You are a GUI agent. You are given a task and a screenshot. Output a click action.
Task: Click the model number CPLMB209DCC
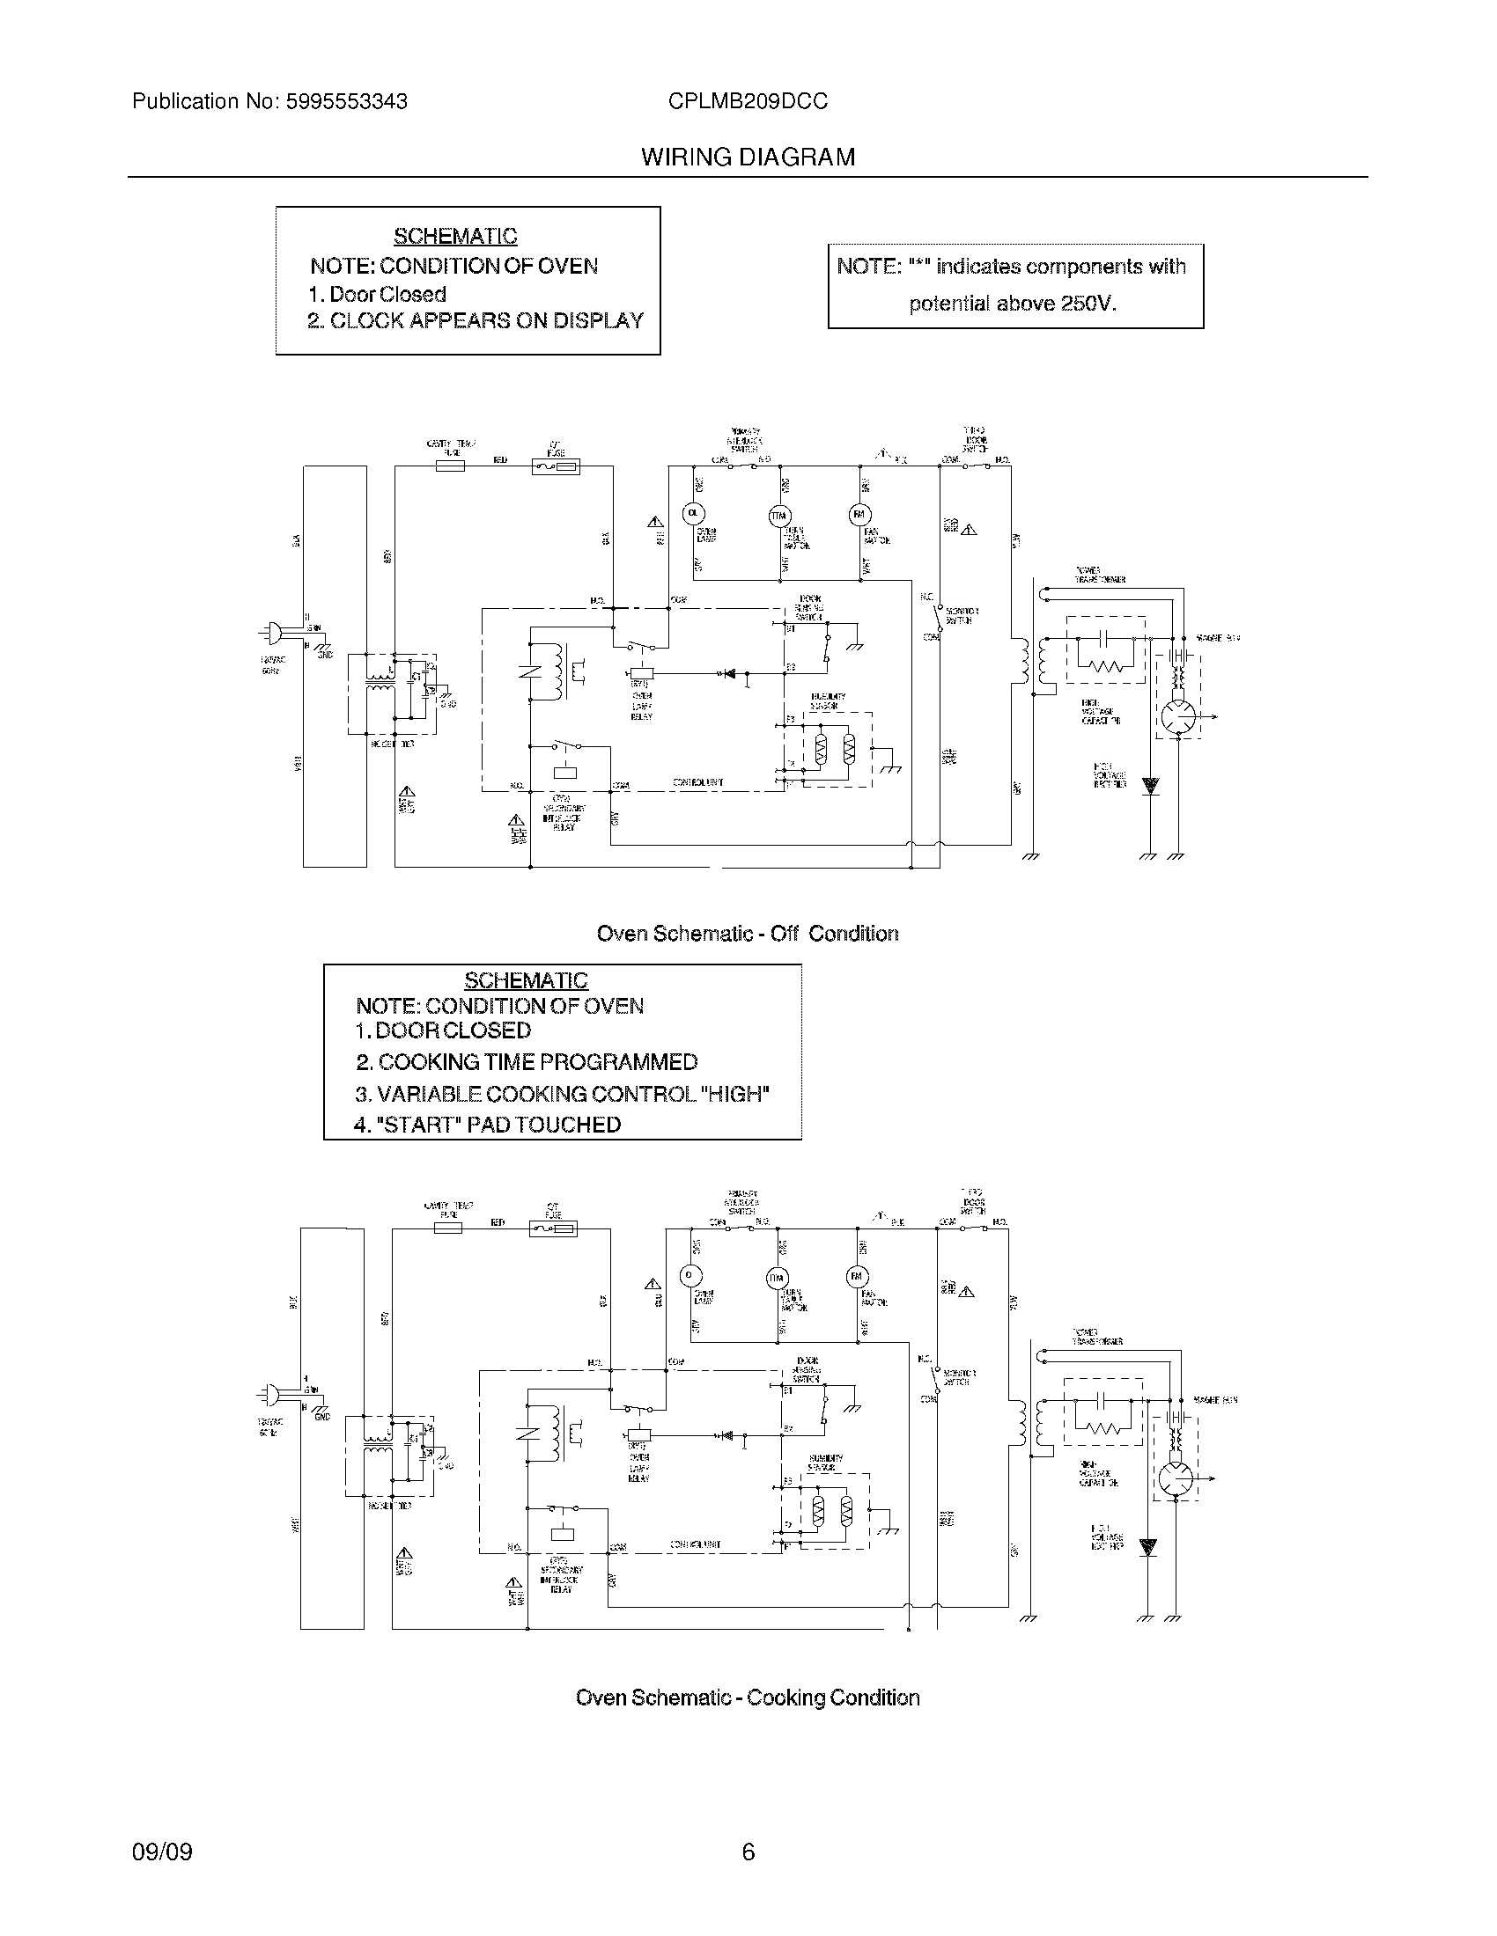(748, 101)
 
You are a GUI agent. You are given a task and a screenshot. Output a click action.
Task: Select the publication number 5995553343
(346, 101)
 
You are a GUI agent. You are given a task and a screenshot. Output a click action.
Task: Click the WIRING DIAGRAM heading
(748, 157)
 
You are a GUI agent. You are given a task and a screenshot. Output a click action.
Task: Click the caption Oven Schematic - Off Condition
(747, 934)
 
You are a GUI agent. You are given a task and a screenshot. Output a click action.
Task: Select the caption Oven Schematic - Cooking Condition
(747, 1698)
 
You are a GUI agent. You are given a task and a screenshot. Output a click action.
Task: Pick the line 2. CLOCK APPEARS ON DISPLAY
(476, 321)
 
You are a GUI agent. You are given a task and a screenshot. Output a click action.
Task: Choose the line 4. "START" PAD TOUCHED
(487, 1125)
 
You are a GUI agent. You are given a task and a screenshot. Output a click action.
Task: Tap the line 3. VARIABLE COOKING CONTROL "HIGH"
(563, 1093)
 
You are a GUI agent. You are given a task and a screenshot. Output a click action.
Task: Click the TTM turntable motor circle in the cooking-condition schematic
(777, 1278)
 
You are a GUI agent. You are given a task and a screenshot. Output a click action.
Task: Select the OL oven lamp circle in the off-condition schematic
(692, 513)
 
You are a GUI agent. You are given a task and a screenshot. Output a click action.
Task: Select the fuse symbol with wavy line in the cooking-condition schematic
(553, 1228)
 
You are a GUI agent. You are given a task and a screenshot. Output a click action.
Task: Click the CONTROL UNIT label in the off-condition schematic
(697, 782)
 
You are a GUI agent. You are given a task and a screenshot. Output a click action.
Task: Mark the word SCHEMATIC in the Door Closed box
(455, 236)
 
